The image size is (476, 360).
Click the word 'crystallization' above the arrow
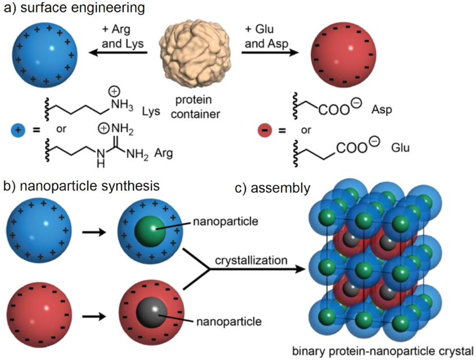pyautogui.click(x=251, y=261)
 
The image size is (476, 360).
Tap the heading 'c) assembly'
pyautogui.click(x=273, y=187)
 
